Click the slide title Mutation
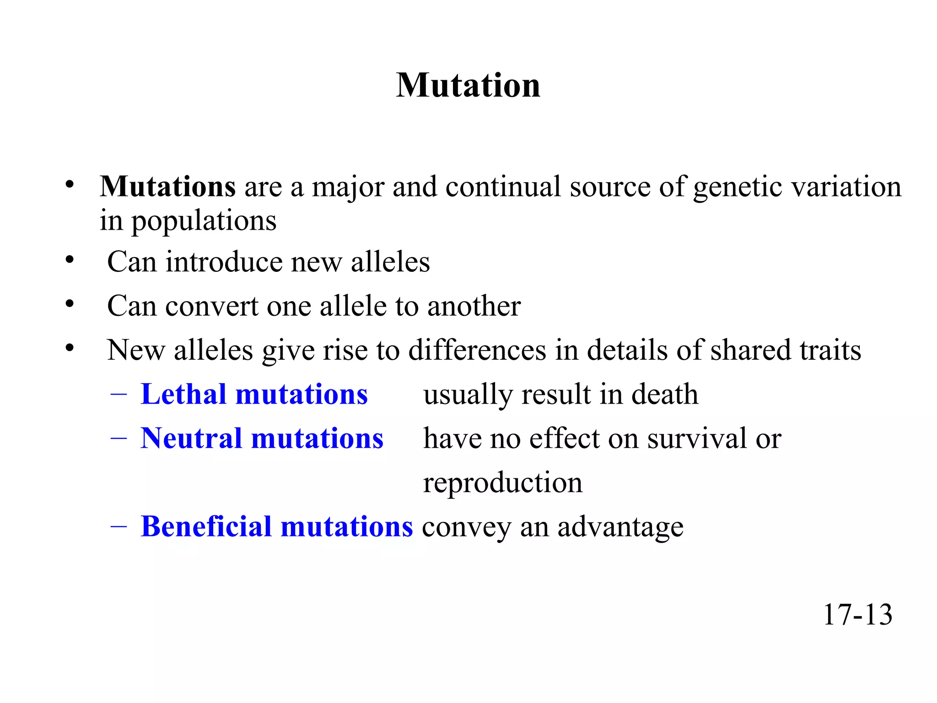468,86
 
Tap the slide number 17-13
857,615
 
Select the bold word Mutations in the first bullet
168,187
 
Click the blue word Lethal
183,394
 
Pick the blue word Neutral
191,438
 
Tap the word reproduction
503,483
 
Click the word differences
477,351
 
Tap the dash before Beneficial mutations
118,527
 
